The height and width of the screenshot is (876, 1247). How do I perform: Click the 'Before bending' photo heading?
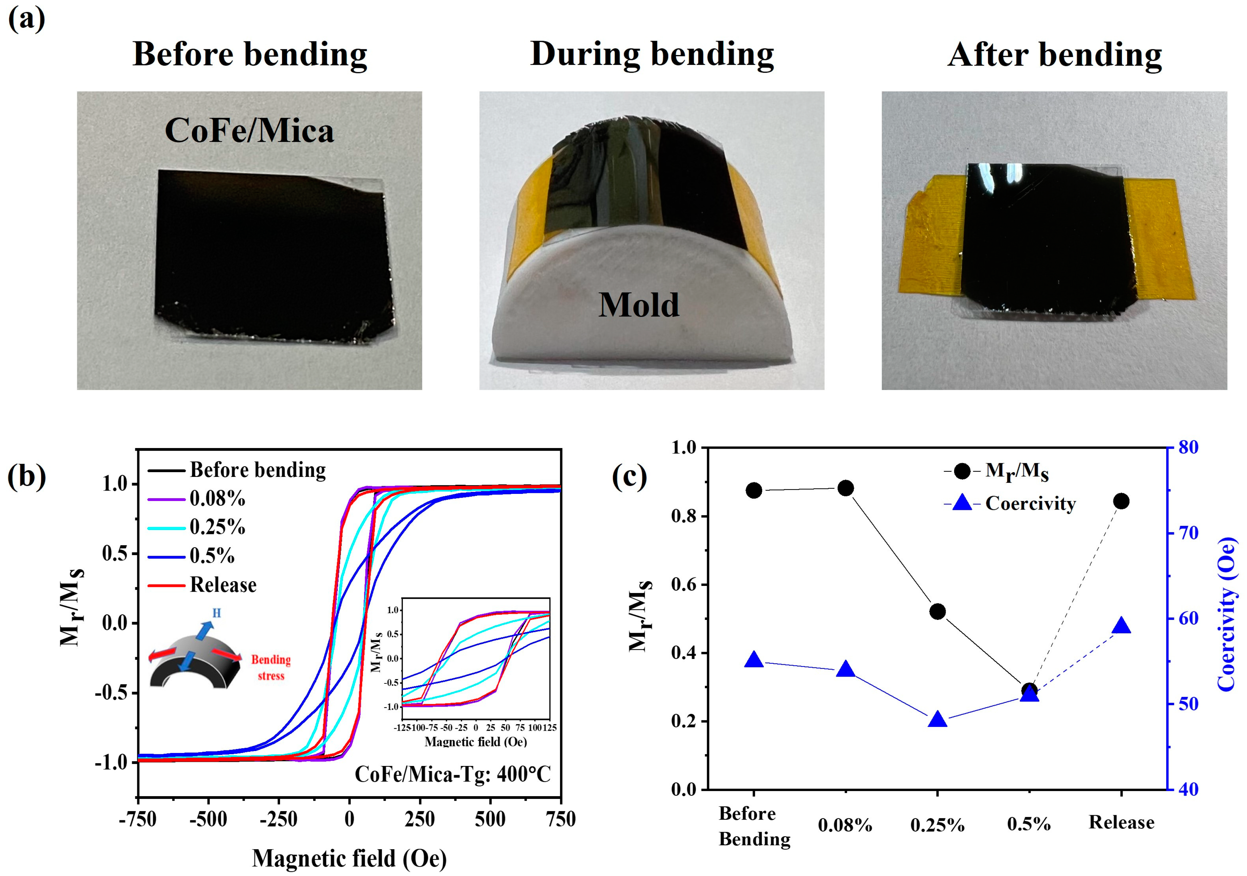click(x=250, y=55)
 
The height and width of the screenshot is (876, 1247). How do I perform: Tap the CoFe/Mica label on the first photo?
click(x=249, y=131)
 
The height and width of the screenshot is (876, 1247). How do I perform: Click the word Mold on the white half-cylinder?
click(x=639, y=305)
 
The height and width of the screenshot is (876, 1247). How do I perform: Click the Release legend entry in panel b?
click(x=223, y=585)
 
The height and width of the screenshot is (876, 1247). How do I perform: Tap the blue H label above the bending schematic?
click(x=216, y=613)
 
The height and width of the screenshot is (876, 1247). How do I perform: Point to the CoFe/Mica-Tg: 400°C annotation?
click(x=452, y=774)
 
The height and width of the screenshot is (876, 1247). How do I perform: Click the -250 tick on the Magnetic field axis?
click(x=279, y=819)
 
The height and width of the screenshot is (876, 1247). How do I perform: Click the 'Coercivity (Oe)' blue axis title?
click(x=1226, y=614)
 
